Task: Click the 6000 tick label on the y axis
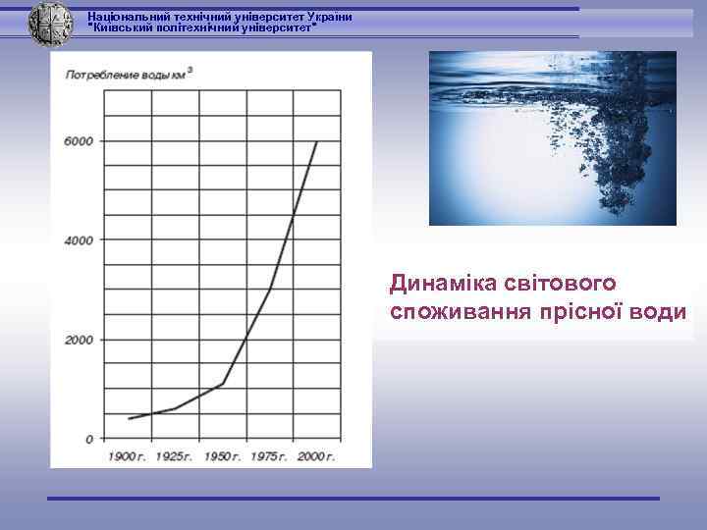click(80, 141)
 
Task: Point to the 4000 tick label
click(80, 240)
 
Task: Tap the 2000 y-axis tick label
click(80, 340)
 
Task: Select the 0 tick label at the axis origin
click(89, 439)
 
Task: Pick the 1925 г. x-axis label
click(174, 456)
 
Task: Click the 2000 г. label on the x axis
click(315, 456)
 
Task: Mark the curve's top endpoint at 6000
click(316, 142)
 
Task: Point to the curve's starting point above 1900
click(129, 419)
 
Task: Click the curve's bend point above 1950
click(223, 384)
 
